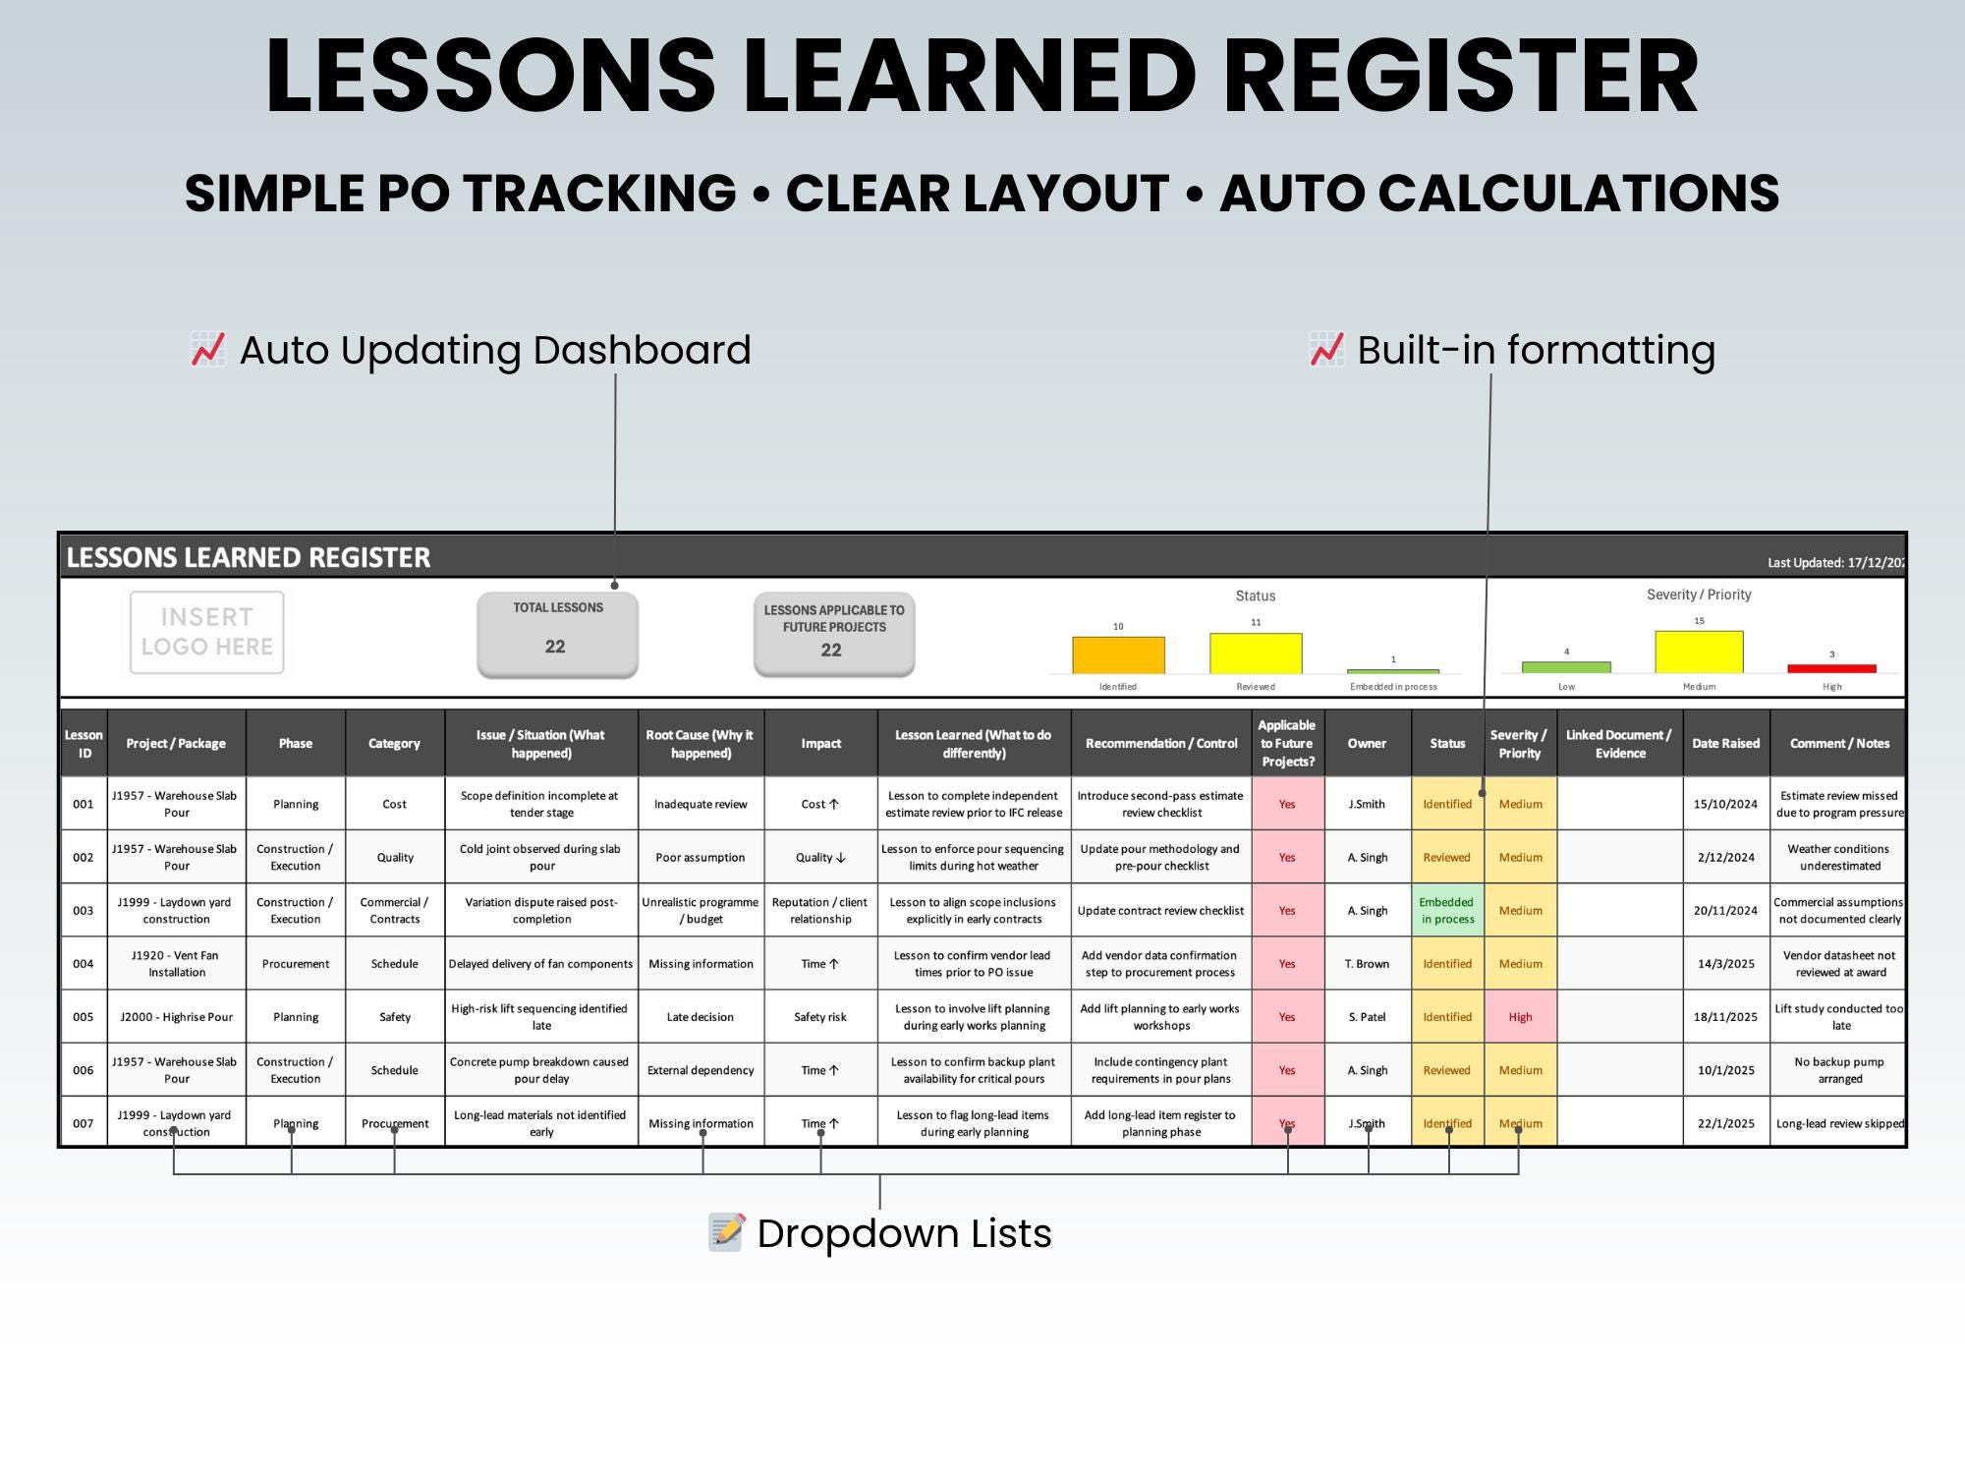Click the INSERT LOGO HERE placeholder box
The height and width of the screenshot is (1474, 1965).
[207, 632]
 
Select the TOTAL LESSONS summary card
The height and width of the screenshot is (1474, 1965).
[557, 634]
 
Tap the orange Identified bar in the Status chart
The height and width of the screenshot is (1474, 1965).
[1118, 654]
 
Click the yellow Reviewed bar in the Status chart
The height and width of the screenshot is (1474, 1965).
[1256, 652]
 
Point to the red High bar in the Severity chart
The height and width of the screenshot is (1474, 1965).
[1831, 668]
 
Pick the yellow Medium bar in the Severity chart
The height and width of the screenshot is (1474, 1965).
[1699, 652]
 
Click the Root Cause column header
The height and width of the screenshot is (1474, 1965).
[701, 743]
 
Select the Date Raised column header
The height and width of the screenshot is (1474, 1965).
[1726, 743]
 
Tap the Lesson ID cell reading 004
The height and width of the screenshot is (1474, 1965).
[84, 963]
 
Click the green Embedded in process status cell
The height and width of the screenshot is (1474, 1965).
[1447, 910]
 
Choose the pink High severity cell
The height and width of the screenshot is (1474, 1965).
[1520, 1017]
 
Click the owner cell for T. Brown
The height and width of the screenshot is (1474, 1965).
[1368, 963]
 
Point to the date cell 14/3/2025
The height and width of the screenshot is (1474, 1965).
[1726, 963]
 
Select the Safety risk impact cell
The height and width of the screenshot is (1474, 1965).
[820, 1017]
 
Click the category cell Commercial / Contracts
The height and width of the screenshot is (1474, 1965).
[395, 910]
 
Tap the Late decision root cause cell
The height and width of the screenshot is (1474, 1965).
[701, 1017]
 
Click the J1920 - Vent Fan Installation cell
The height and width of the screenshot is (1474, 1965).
[177, 963]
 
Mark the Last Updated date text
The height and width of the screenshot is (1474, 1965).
[1835, 563]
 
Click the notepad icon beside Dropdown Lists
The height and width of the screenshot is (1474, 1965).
[727, 1232]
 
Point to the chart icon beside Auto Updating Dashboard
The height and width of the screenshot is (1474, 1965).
[207, 350]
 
